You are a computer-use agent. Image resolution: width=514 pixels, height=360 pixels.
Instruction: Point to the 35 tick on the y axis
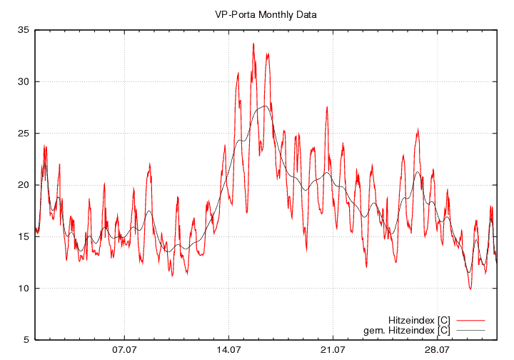pos(24,30)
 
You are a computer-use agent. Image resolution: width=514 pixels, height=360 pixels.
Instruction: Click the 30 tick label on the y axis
pos(24,81)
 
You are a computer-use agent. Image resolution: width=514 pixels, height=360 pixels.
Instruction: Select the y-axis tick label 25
pos(24,134)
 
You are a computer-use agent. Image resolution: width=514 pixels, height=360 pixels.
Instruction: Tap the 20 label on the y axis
pos(24,185)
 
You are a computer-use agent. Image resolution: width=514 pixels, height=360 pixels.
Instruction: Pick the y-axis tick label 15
pos(24,236)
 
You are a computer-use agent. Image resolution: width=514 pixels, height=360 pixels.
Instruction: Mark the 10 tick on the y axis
pos(24,289)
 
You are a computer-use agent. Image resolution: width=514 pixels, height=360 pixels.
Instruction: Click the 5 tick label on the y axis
pos(26,340)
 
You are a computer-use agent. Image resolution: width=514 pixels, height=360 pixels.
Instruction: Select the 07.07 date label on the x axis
pos(124,350)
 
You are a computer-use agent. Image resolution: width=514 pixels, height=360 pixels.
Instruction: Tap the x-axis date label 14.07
pos(228,350)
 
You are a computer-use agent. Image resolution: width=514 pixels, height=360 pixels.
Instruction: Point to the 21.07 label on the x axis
pos(333,350)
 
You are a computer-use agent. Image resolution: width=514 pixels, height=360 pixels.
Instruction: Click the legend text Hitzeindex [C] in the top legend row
pos(419,319)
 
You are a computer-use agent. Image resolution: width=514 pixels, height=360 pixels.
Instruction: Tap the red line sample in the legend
pos(470,319)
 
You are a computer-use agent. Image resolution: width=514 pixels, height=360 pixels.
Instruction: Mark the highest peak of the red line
pos(253,44)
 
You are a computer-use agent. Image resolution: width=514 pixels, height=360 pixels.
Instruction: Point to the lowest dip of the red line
pos(470,289)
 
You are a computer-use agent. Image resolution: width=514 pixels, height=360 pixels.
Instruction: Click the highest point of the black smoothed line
pos(265,106)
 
